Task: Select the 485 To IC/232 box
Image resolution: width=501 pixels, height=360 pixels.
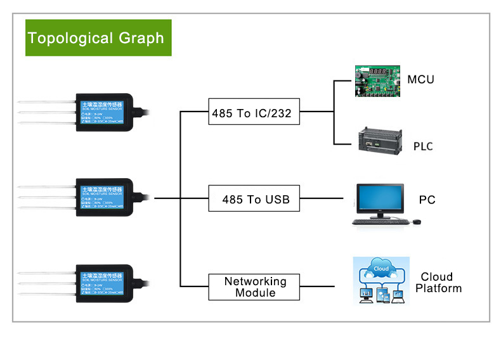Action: point(254,112)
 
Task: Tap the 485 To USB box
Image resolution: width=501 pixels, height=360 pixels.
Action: point(254,199)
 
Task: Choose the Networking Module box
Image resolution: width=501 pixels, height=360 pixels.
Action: point(254,286)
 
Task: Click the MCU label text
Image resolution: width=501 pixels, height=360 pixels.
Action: point(420,80)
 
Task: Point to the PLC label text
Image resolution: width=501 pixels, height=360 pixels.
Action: point(423,146)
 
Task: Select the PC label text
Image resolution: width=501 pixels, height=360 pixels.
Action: point(427,200)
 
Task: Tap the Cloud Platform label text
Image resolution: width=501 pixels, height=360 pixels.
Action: point(437,283)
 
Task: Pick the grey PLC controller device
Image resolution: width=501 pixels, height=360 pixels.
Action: point(379,141)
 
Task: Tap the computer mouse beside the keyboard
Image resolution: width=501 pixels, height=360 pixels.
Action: point(417,222)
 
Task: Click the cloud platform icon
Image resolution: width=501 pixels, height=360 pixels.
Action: point(381,280)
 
